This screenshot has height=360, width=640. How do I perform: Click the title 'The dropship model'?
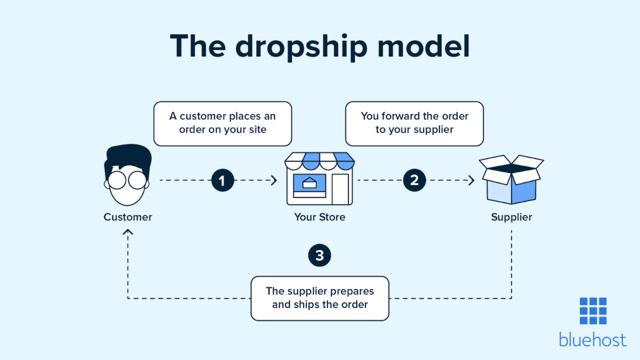coord(319,47)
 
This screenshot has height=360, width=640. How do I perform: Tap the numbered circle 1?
coord(222,181)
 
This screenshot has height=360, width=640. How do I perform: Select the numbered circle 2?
coord(414,181)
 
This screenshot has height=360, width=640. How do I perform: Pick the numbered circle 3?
coord(319,255)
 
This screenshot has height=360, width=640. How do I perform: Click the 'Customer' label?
coord(127,217)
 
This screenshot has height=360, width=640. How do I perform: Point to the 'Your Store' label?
coord(319,217)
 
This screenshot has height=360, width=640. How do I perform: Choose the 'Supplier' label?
coord(511,217)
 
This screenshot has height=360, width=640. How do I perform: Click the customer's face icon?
coord(127,177)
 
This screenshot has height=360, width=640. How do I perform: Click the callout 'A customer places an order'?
coord(222,124)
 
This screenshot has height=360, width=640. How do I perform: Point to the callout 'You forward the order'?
coord(414,124)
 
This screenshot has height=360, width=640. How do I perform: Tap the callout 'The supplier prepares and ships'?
coord(319,298)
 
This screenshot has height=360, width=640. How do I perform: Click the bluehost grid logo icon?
coord(592,311)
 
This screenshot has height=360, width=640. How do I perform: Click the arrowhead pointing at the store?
coord(274,181)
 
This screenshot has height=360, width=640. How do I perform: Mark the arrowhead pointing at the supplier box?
coord(471,181)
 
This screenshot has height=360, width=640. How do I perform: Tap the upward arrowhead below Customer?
coord(128,232)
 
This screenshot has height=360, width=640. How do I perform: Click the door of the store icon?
coord(339,189)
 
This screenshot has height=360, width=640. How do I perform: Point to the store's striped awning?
coord(319,161)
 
